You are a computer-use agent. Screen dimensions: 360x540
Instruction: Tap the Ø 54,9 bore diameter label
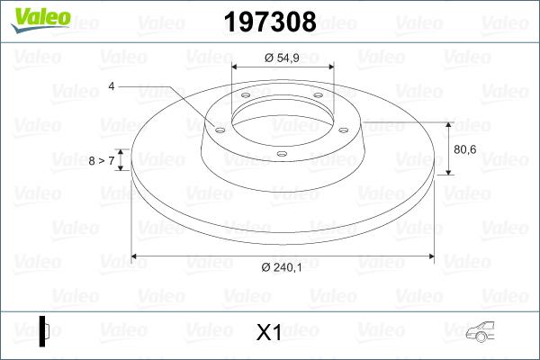click(282, 58)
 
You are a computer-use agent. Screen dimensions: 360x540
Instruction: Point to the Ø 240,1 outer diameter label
click(282, 267)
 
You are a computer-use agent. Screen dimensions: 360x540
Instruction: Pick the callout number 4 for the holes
click(112, 86)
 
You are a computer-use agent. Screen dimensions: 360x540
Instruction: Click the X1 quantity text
click(269, 333)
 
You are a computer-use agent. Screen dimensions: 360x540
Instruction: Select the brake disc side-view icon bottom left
click(44, 330)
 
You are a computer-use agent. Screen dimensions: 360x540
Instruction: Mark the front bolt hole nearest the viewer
click(281, 153)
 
